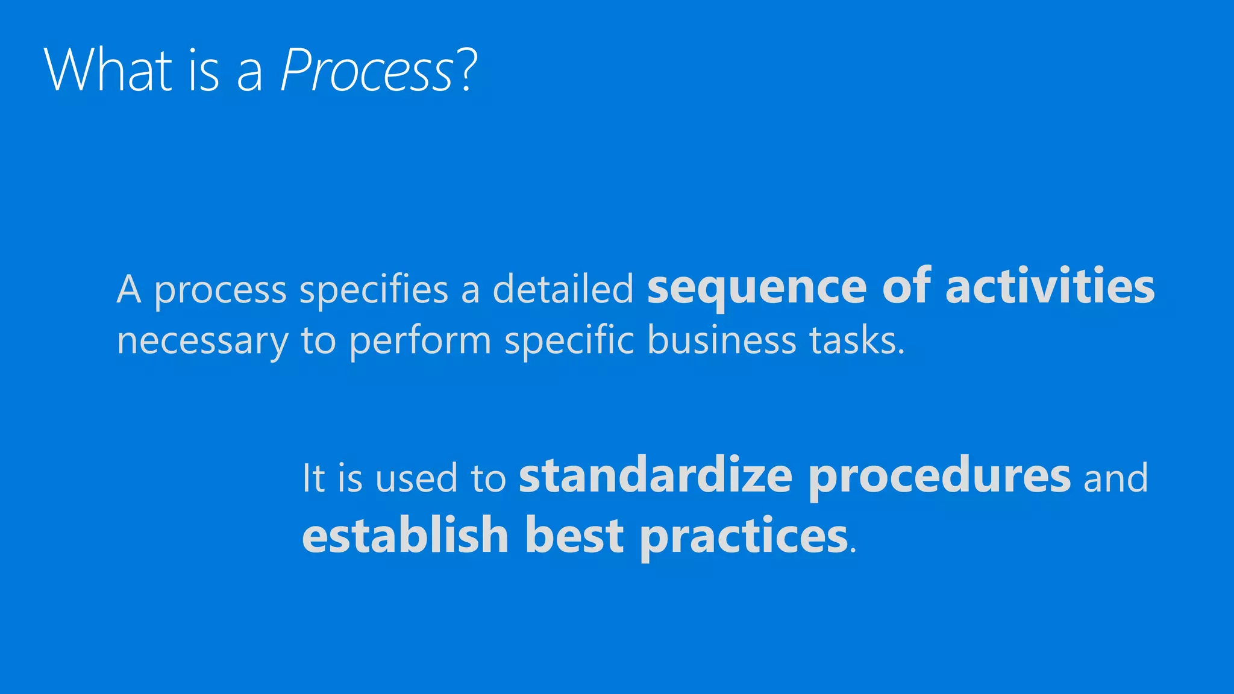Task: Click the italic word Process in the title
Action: click(366, 70)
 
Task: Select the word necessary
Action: click(202, 341)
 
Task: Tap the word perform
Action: click(420, 341)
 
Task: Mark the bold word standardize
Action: click(656, 476)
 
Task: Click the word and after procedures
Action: click(1115, 478)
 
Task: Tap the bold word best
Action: click(574, 535)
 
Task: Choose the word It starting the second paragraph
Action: click(313, 478)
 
